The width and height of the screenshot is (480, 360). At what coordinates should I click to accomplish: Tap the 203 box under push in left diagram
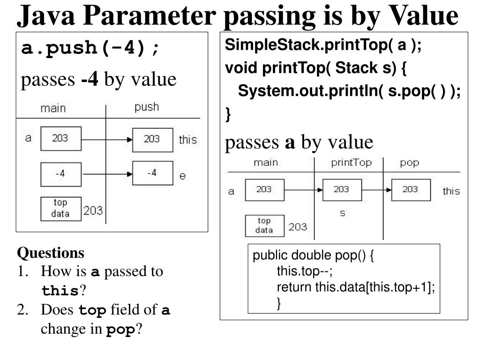coord(152,139)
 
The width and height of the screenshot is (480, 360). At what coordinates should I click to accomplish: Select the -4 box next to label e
coord(152,173)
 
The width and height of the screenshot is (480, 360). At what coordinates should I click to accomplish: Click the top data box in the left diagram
coord(61,209)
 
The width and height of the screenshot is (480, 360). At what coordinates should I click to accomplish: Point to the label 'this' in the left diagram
coord(188,140)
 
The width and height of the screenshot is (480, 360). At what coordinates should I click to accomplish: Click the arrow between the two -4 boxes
coord(107,173)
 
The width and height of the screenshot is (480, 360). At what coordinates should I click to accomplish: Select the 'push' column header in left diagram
coord(147,107)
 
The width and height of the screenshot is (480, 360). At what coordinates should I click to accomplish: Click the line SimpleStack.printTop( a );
coord(323,45)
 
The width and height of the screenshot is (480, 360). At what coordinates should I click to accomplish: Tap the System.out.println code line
coord(349,91)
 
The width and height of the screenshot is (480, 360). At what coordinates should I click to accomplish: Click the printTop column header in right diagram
coord(351,163)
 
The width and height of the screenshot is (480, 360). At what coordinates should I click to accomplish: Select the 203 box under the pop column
coord(411,190)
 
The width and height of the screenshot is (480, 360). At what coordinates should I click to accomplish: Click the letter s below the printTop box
coord(342,213)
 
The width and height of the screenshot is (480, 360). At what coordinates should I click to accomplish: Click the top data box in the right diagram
coord(264,225)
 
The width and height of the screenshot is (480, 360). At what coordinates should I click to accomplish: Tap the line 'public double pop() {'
coord(313,256)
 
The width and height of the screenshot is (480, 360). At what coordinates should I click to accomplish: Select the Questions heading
coord(51,253)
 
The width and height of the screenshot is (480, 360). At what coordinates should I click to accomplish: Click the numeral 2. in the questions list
coord(23,310)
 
